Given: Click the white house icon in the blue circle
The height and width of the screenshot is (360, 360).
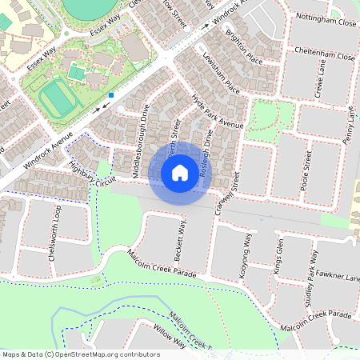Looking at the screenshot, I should pyautogui.click(x=180, y=172).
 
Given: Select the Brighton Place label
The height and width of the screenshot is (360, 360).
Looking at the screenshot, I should pyautogui.click(x=244, y=49).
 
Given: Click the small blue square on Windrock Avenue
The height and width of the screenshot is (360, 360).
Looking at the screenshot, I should pyautogui.click(x=112, y=94).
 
